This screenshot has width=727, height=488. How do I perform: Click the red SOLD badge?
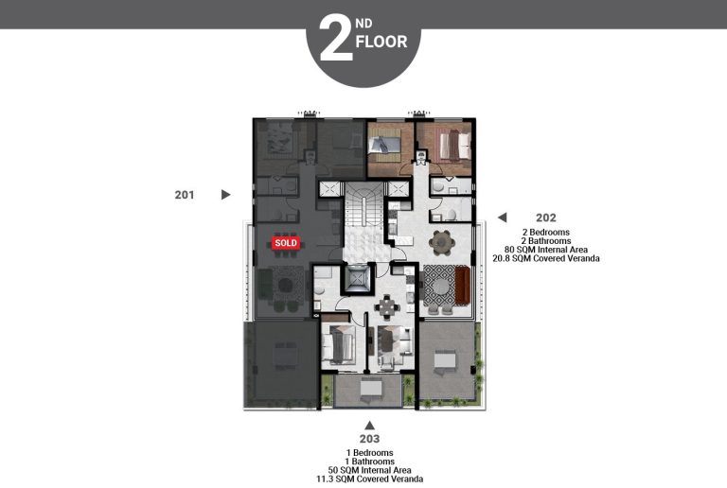coord(285,243)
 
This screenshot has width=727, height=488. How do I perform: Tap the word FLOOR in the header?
coord(381,43)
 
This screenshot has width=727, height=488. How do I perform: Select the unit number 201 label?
coord(185,195)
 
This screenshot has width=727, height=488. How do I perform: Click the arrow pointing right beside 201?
coord(225,195)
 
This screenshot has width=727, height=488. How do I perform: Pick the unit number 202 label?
coord(545,218)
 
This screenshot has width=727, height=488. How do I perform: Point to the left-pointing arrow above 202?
coord(503,218)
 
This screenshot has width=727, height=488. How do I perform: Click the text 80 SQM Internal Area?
coord(545,249)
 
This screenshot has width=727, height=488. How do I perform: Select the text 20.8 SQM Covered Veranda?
coord(545,258)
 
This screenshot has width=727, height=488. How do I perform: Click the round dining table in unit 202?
coord(441,242)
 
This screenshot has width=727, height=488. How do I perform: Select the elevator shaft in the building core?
coord(359,280)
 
